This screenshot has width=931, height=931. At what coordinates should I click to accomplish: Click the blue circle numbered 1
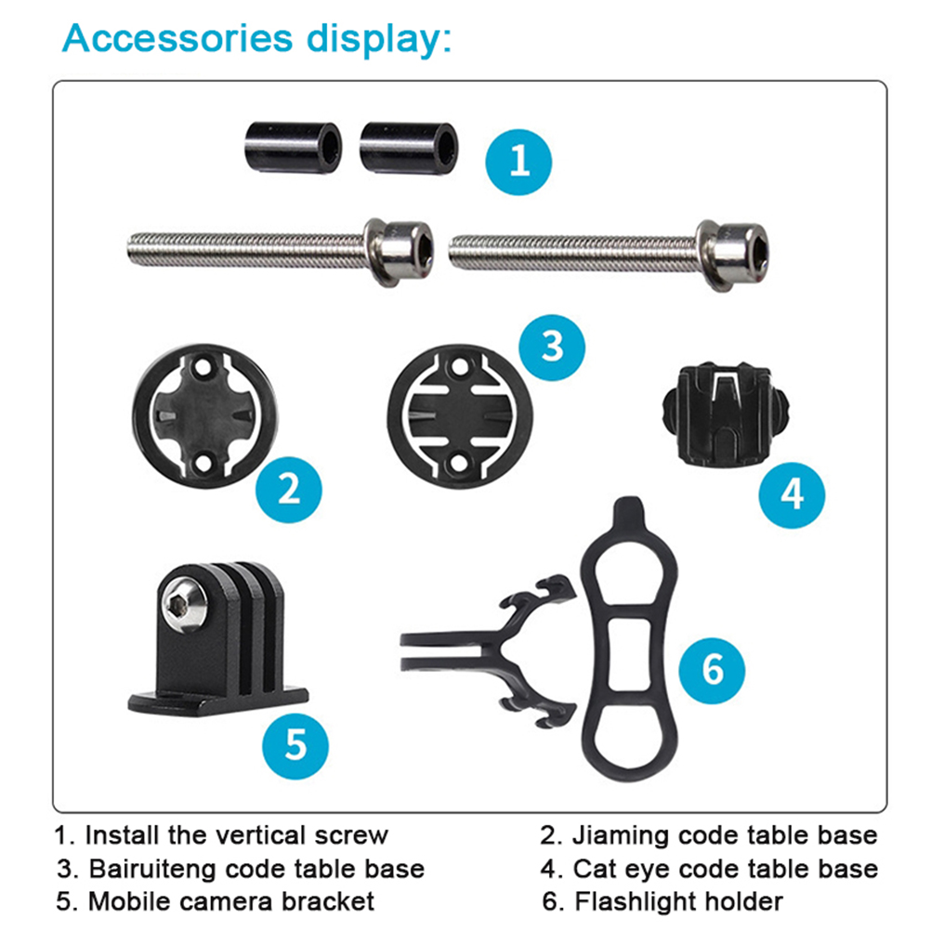pyautogui.click(x=518, y=162)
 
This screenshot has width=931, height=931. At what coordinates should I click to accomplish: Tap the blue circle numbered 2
pyautogui.click(x=289, y=490)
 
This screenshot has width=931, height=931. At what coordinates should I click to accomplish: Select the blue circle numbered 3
pyautogui.click(x=552, y=347)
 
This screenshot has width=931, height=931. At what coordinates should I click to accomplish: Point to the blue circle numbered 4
pyautogui.click(x=792, y=495)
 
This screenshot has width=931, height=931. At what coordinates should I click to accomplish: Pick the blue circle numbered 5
pyautogui.click(x=295, y=746)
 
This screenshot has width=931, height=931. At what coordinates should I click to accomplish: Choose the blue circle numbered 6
pyautogui.click(x=712, y=671)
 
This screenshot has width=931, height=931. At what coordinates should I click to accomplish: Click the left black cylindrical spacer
pyautogui.click(x=294, y=147)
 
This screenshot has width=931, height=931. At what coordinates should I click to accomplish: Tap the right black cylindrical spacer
pyautogui.click(x=409, y=148)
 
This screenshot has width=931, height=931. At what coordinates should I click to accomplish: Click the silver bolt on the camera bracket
pyautogui.click(x=184, y=605)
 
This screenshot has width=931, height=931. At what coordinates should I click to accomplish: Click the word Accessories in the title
pyautogui.click(x=177, y=39)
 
